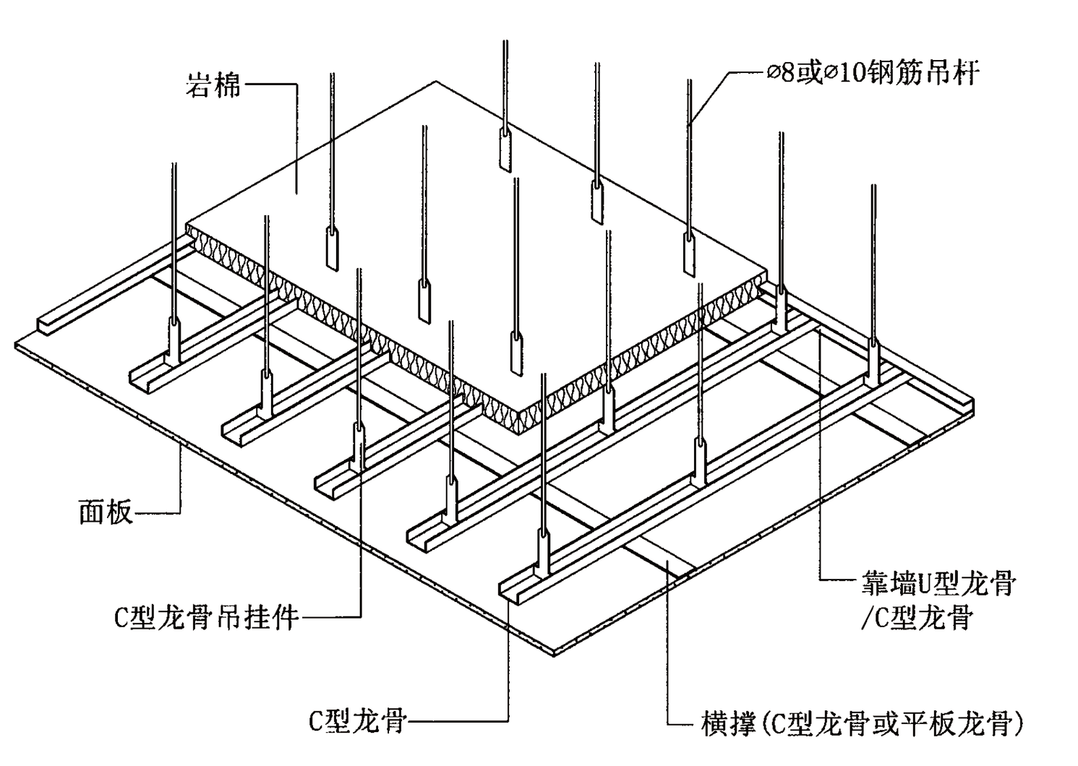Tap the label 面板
pos(106,512)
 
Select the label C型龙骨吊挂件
pos(207,618)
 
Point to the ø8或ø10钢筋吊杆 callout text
pos(872,74)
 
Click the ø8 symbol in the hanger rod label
pos(780,74)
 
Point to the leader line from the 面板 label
pos(179,484)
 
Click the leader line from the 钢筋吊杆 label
pos(712,94)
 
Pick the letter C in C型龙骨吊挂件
pos(121,619)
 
